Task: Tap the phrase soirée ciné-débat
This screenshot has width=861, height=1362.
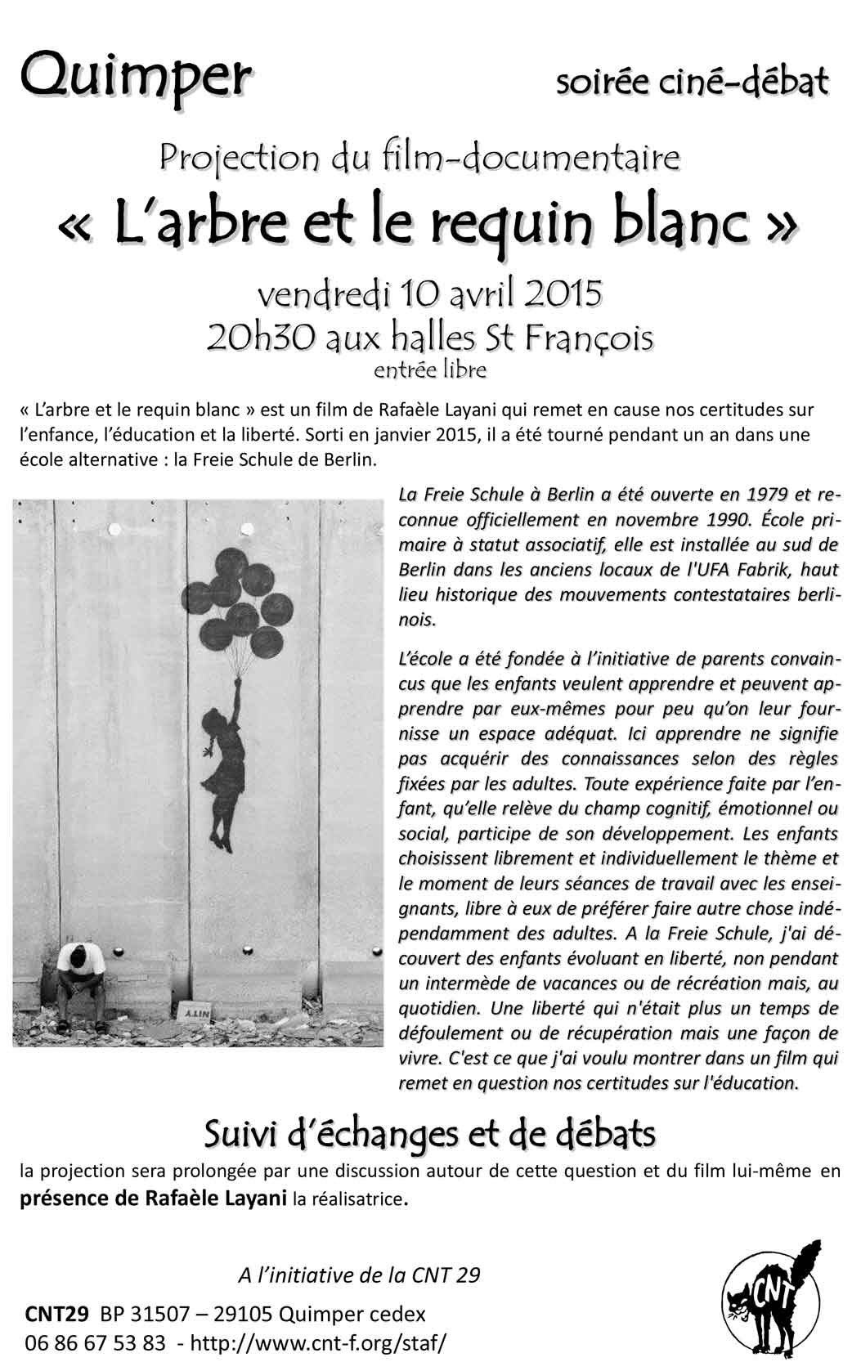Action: click(x=692, y=81)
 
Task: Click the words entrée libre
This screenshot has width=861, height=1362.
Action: click(x=429, y=370)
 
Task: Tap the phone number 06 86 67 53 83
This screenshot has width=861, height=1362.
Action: click(x=95, y=1342)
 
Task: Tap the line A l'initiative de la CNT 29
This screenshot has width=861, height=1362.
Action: click(x=358, y=1275)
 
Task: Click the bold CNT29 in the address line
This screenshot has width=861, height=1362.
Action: click(x=57, y=1315)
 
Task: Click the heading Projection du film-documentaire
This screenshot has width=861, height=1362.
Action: click(x=419, y=157)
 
